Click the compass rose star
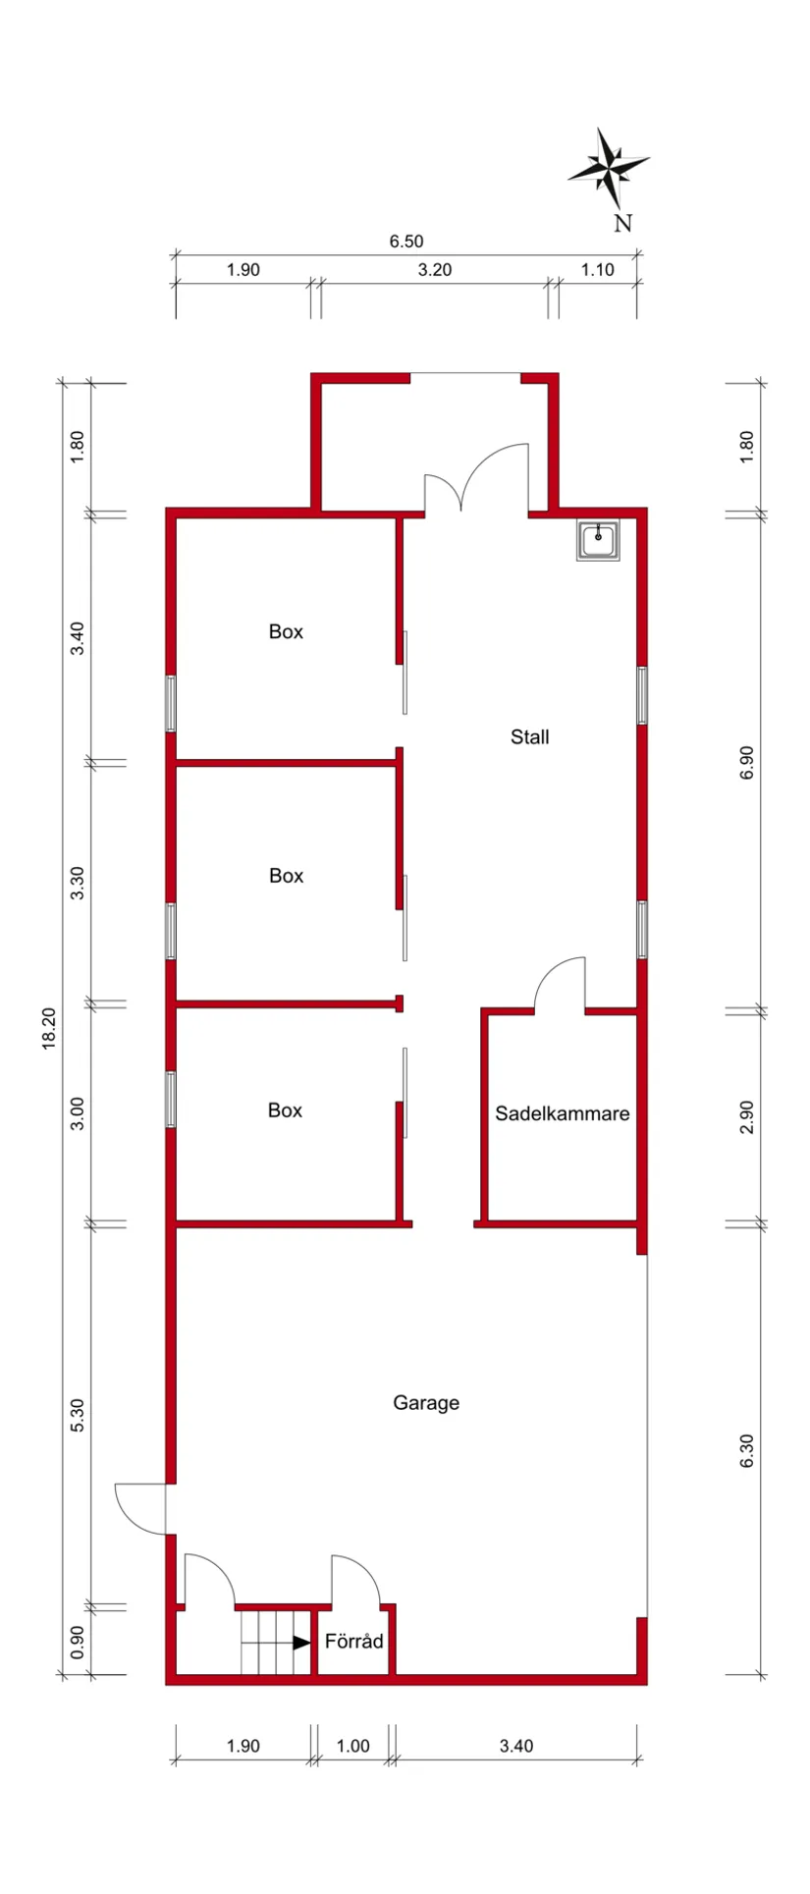(609, 169)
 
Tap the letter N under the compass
(622, 224)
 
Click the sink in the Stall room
(598, 541)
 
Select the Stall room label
(529, 737)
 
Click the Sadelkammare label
(562, 1113)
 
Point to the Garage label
(426, 1403)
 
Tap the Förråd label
(353, 1641)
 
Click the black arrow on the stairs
(301, 1642)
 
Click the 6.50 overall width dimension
(405, 242)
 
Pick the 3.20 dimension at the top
(434, 270)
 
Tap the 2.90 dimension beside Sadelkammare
(747, 1117)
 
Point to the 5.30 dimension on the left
(78, 1415)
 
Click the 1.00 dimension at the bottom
(352, 1746)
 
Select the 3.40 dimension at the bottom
(515, 1746)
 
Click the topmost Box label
(286, 632)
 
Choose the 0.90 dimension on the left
(78, 1640)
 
